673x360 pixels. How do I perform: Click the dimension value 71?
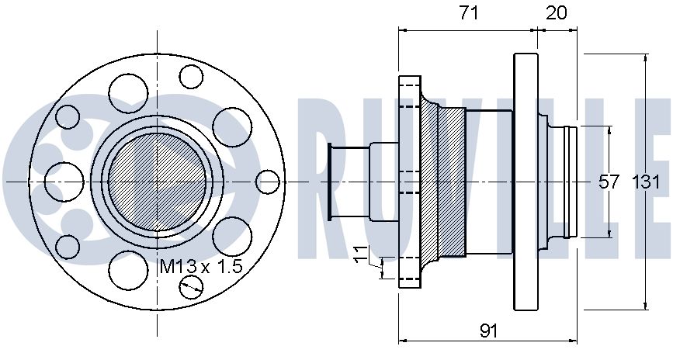click(469, 12)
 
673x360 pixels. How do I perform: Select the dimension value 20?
click(557, 12)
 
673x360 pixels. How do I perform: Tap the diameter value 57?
click(610, 182)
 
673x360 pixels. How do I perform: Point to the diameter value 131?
click(647, 182)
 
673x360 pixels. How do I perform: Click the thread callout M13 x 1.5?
click(201, 266)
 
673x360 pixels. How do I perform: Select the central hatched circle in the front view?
click(158, 181)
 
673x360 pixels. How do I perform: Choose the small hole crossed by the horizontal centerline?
click(267, 181)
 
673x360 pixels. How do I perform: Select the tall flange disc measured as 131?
click(526, 181)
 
